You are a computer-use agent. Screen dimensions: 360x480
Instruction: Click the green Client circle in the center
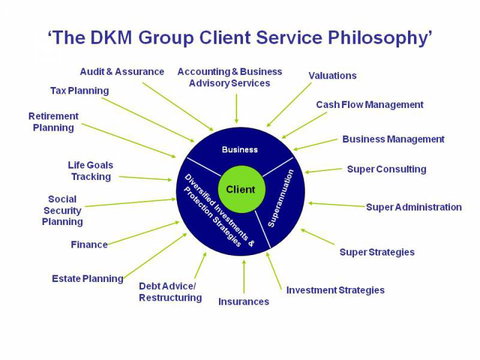tap(241, 189)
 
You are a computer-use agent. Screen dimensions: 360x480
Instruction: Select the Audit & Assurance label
tap(123, 71)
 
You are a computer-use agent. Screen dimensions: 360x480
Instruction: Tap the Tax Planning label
tap(79, 91)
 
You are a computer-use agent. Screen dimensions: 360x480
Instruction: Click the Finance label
tap(89, 244)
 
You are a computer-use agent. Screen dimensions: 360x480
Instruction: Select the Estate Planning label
tap(88, 278)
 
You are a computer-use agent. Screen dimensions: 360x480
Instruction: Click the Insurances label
tap(243, 301)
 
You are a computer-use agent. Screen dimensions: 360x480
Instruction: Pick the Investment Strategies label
tap(335, 290)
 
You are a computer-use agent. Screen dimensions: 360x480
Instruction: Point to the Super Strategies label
tap(376, 252)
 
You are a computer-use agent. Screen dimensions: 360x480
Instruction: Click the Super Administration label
tap(413, 207)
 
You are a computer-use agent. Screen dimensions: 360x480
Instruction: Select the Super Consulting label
tap(386, 169)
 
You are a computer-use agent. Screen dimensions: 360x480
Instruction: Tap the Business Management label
tap(393, 139)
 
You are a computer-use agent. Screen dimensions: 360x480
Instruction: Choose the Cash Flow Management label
tap(369, 105)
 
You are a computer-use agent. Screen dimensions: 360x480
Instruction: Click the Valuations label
tap(332, 75)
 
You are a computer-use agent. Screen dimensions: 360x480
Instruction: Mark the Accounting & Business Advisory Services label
tap(230, 77)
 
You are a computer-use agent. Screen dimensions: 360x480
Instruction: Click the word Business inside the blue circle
tap(239, 148)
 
